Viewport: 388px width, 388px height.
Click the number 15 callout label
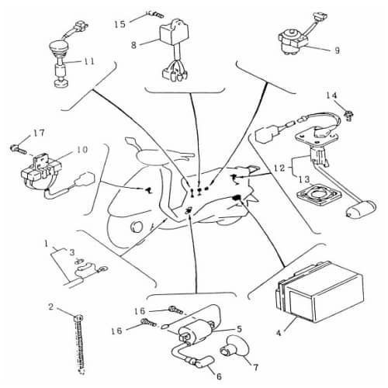coord(119,24)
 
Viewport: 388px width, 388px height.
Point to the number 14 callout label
coord(331,95)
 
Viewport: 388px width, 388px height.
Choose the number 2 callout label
coord(50,307)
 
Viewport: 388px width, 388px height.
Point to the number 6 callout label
coord(218,377)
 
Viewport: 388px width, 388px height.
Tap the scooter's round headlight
coord(137,226)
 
